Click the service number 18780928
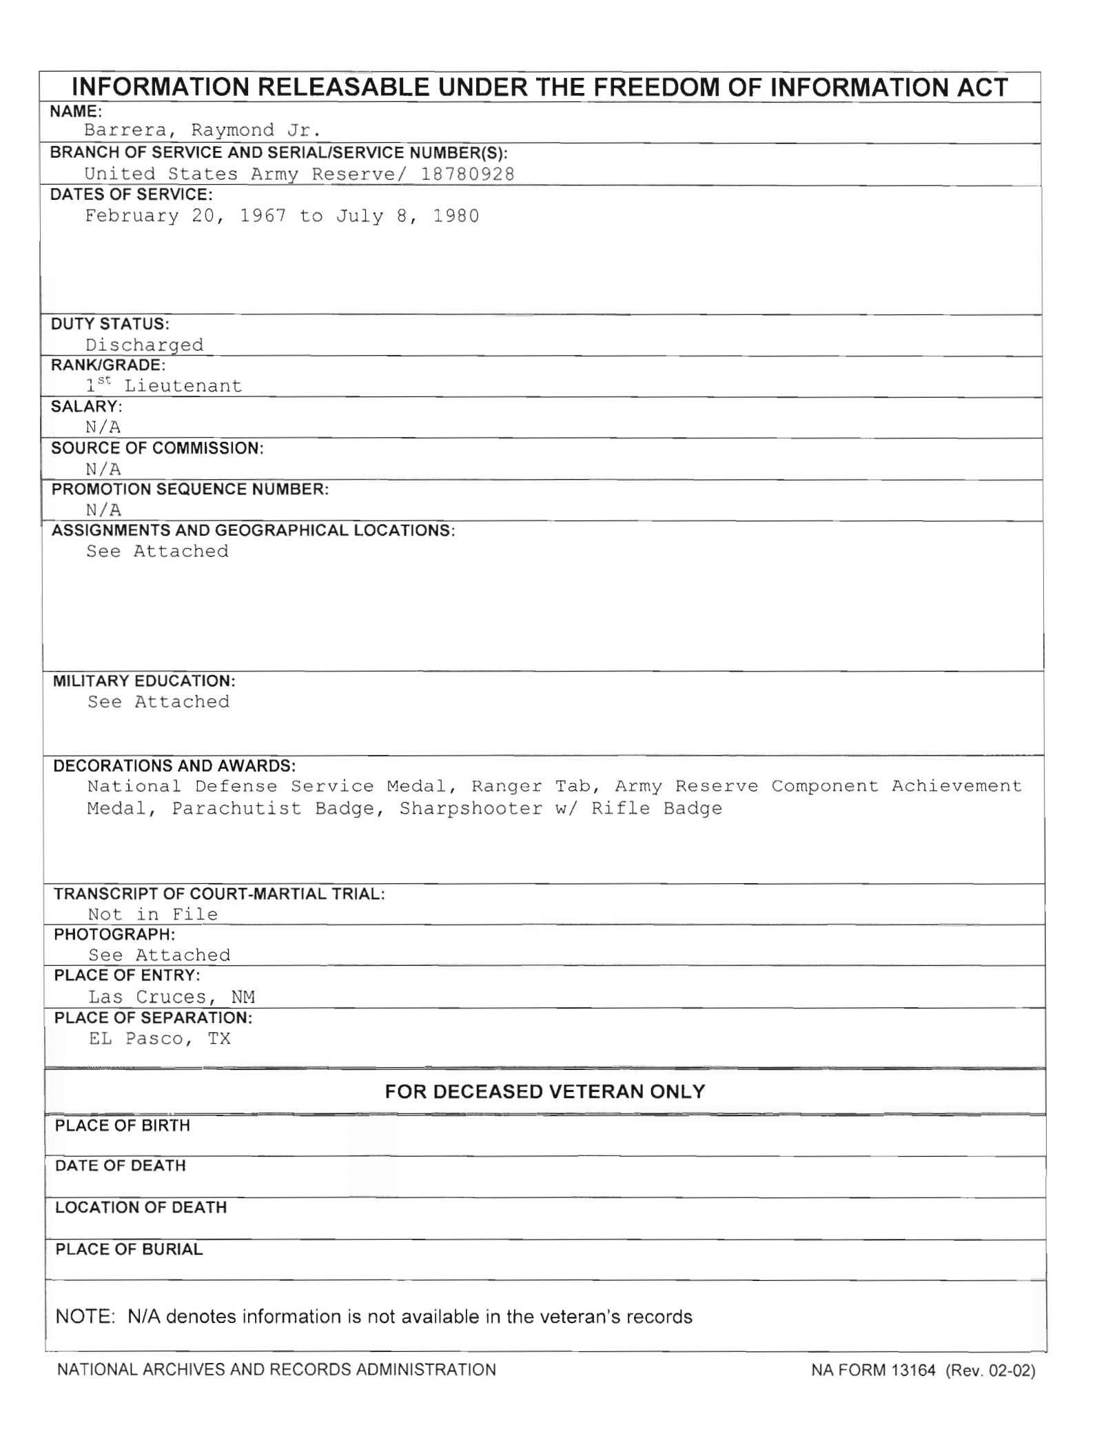tap(467, 174)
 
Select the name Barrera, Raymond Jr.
tap(203, 130)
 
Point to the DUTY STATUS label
tap(110, 324)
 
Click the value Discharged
tap(144, 345)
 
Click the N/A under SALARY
tap(103, 427)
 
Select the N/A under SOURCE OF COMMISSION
tap(103, 469)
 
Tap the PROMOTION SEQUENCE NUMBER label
tap(190, 489)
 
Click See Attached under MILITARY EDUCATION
tap(158, 702)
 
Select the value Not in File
tap(153, 914)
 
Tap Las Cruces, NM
tap(172, 997)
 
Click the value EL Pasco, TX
tap(160, 1039)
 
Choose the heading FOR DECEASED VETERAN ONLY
tap(544, 1091)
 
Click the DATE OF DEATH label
tap(121, 1166)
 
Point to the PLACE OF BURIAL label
tap(129, 1249)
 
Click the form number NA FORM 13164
tap(873, 1370)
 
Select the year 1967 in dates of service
tap(263, 216)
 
